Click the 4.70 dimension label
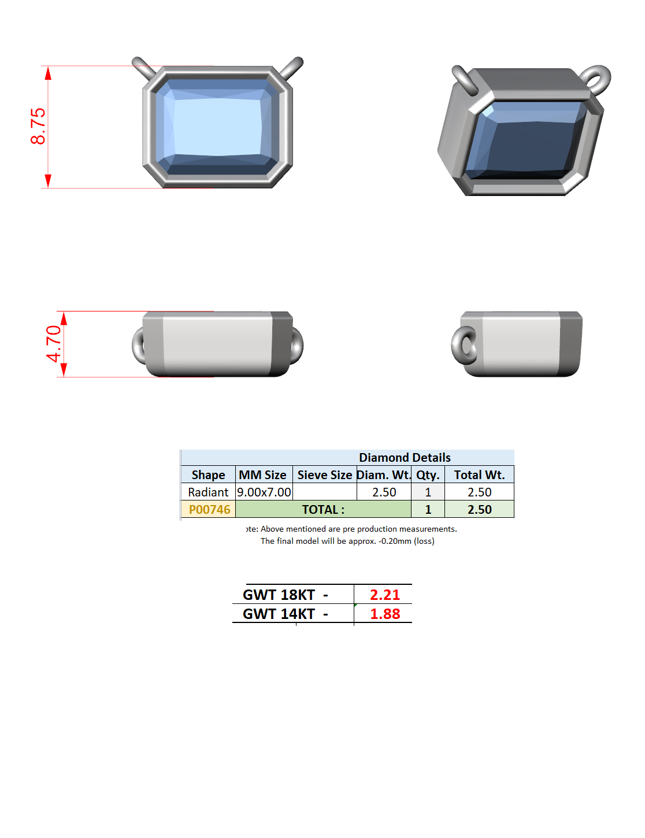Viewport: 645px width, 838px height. click(54, 344)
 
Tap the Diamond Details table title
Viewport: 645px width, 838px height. click(405, 457)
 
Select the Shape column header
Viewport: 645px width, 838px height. click(208, 474)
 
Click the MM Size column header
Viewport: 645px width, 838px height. click(262, 474)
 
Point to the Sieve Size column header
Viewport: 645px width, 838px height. click(325, 474)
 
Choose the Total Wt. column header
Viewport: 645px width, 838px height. click(479, 474)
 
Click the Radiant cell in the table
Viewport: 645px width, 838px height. click(208, 492)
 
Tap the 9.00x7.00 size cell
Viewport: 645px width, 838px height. click(264, 492)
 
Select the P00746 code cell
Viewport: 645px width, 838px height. click(209, 509)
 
